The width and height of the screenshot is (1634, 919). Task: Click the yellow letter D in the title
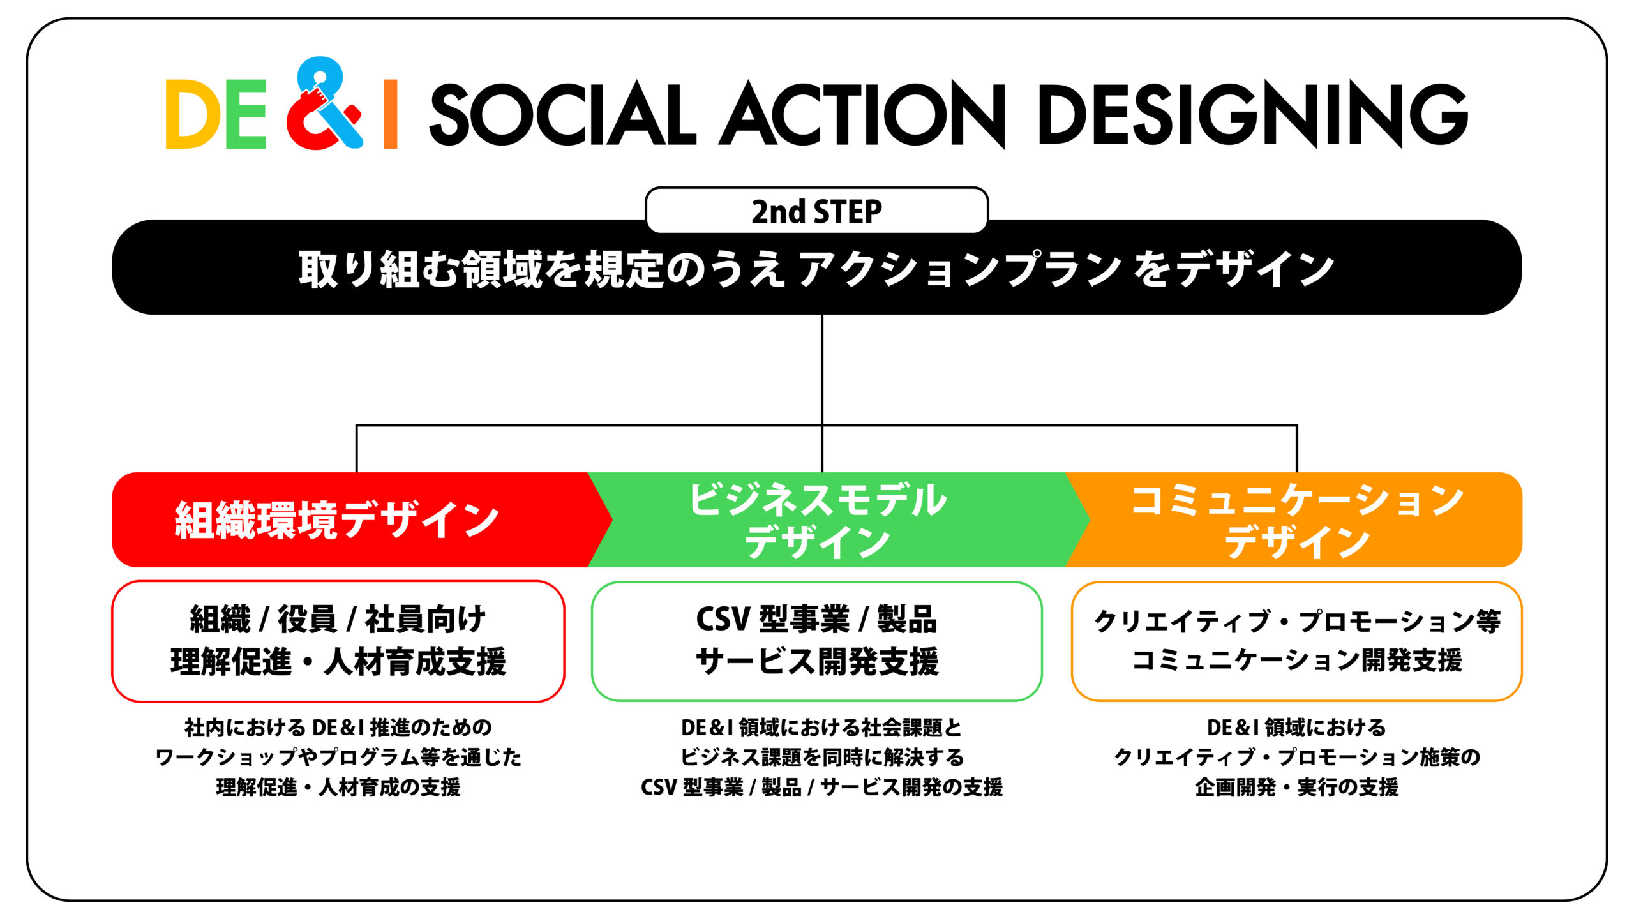click(x=188, y=114)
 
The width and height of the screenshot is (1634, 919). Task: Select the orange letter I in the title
click(x=390, y=114)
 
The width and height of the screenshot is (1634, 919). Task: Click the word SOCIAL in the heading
click(x=562, y=114)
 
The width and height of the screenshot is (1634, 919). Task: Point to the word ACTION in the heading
click(x=862, y=114)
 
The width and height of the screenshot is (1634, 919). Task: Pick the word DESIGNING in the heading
click(x=1253, y=114)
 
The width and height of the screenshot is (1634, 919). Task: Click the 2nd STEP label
click(x=816, y=211)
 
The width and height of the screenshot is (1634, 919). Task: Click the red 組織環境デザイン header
click(x=336, y=519)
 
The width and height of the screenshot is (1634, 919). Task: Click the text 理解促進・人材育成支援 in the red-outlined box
click(x=338, y=661)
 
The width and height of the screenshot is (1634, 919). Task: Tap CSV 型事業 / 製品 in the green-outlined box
click(x=816, y=619)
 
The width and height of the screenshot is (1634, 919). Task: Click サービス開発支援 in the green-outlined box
click(x=817, y=661)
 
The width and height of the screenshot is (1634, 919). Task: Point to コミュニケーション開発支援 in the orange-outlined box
click(x=1297, y=661)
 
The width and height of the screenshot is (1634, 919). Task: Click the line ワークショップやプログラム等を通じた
click(x=338, y=758)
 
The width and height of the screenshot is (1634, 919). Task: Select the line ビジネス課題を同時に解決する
click(x=822, y=758)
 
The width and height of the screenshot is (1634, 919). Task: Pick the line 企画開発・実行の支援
click(x=1297, y=788)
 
